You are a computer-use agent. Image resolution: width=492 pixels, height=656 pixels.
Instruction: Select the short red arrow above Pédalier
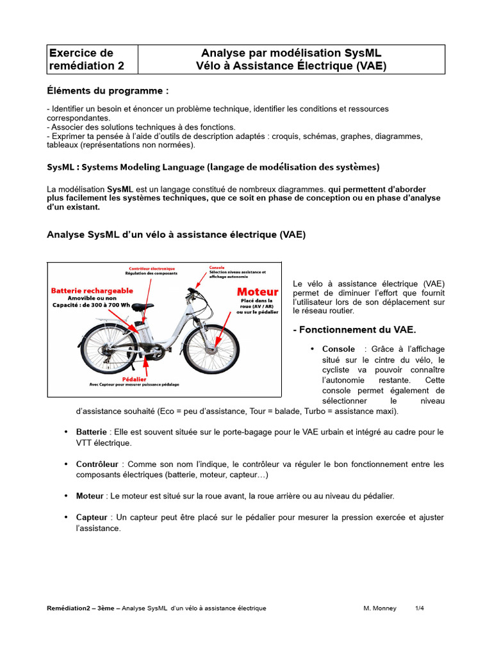coord(147,367)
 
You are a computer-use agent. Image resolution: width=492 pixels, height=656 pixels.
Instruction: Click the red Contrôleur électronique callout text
coord(152,268)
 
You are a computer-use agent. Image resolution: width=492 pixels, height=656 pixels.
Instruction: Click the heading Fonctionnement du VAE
coord(354,330)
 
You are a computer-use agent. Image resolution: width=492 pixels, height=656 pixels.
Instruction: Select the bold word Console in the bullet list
coord(338,349)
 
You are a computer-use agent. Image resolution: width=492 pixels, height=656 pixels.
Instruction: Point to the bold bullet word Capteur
coord(91,518)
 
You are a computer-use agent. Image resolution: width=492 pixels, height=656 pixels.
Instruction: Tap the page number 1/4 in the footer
coord(420,608)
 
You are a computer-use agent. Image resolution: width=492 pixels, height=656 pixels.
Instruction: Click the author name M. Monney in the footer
coord(380,608)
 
